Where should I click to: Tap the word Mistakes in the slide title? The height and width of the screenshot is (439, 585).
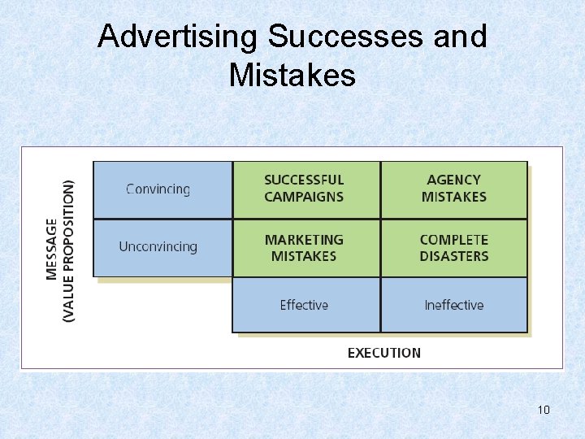(292, 75)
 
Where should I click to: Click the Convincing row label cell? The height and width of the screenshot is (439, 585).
(162, 189)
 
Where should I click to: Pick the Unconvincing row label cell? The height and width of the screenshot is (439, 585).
(162, 247)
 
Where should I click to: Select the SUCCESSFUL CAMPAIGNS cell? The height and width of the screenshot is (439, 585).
(305, 189)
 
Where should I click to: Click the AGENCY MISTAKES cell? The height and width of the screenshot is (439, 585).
(453, 189)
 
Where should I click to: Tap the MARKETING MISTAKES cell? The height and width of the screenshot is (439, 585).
(305, 248)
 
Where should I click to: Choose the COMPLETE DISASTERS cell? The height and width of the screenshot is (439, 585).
(453, 248)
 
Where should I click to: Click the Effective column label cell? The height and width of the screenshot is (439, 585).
(305, 305)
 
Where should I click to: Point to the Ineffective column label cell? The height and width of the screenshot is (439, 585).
(453, 305)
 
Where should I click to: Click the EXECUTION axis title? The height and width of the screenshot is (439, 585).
(384, 353)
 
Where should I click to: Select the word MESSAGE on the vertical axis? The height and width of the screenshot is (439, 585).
(53, 249)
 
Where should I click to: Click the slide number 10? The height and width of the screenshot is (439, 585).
(544, 410)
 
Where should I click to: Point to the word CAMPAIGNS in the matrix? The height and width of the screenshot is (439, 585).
(305, 197)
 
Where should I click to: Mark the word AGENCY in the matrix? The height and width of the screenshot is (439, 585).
(453, 180)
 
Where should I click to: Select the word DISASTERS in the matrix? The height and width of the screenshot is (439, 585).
(453, 256)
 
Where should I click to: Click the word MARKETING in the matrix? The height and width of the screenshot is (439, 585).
(305, 240)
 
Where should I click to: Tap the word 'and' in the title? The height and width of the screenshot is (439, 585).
(461, 37)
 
